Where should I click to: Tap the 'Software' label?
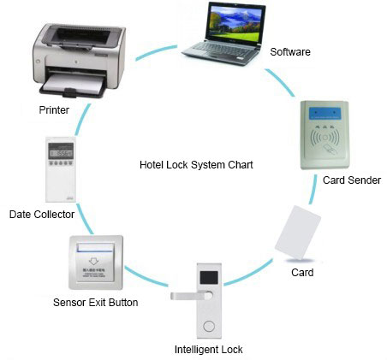coord(290,52)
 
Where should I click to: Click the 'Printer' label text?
coord(54,109)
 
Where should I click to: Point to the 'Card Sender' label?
coord(351,180)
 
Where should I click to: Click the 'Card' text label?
coord(302,273)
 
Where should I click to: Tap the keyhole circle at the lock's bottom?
coord(208,327)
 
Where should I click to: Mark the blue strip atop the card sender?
coord(328,112)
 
